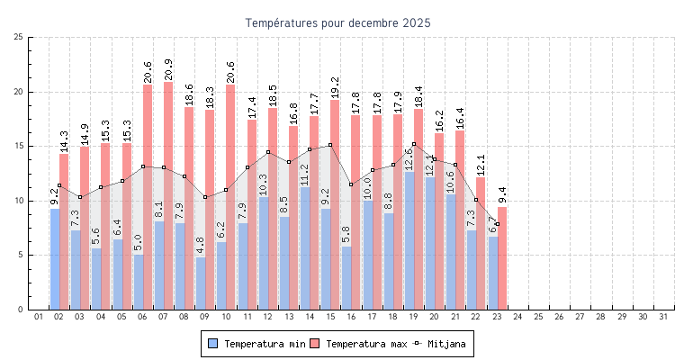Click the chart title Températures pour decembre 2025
click(x=337, y=22)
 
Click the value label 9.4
click(x=502, y=195)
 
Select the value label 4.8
click(x=201, y=246)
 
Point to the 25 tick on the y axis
click(x=19, y=37)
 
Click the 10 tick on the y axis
click(x=19, y=201)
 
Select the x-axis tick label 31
click(x=663, y=317)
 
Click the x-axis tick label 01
click(x=39, y=317)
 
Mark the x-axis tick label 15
click(x=330, y=317)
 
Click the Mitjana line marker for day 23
click(x=497, y=223)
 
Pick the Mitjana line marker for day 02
click(x=59, y=185)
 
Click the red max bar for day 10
click(x=230, y=197)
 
